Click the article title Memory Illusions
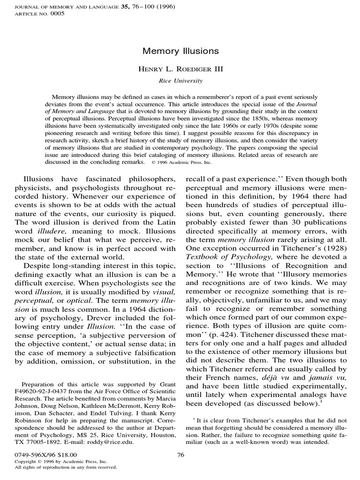tap(180, 51)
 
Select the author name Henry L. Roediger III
tap(180, 69)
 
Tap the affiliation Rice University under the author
tap(180, 81)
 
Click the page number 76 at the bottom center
tap(180, 454)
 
